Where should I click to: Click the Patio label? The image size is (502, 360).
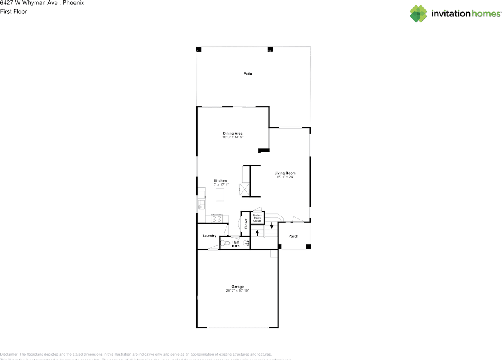click(x=247, y=74)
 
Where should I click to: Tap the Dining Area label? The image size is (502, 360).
click(x=233, y=133)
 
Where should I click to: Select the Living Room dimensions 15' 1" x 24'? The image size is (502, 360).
click(x=285, y=177)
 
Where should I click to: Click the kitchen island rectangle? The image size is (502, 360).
click(x=220, y=195)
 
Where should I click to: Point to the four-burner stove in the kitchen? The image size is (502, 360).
click(x=217, y=218)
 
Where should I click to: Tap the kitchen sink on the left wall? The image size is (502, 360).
click(x=201, y=204)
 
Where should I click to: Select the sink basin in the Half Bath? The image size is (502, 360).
click(x=246, y=244)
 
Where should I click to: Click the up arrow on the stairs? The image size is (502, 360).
click(x=257, y=233)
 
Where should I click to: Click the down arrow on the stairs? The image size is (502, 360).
click(x=271, y=226)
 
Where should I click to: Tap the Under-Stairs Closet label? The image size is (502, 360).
click(x=257, y=218)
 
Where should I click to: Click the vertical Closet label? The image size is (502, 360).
click(x=246, y=224)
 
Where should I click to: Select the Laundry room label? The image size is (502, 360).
click(x=209, y=236)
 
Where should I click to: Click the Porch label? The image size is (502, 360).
click(x=293, y=236)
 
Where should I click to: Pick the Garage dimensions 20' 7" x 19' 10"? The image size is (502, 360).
click(x=238, y=291)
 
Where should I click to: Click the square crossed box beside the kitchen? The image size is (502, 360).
click(x=245, y=190)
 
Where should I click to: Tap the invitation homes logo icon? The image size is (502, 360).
click(x=418, y=14)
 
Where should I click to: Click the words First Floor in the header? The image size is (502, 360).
click(x=13, y=12)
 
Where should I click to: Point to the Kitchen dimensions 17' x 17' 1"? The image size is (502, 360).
click(x=220, y=185)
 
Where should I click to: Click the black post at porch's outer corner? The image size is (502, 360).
click(x=308, y=247)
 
